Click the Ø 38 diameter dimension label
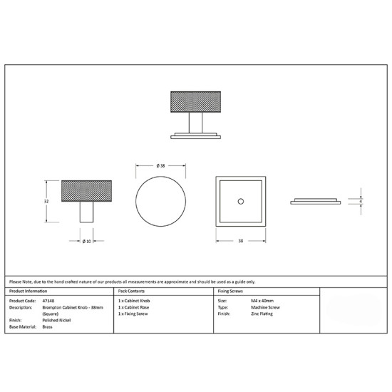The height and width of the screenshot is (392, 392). [161, 165]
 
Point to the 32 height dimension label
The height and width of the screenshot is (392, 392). [46, 201]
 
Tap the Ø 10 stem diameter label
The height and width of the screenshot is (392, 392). [87, 241]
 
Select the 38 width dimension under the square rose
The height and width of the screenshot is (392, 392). [240, 241]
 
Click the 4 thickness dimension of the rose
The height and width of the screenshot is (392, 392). [361, 201]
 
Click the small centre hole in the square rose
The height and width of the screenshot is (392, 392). [241, 201]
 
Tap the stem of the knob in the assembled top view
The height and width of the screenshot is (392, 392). [195, 123]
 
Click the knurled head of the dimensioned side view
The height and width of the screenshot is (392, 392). [86, 191]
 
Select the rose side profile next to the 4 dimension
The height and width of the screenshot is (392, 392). [316, 202]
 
